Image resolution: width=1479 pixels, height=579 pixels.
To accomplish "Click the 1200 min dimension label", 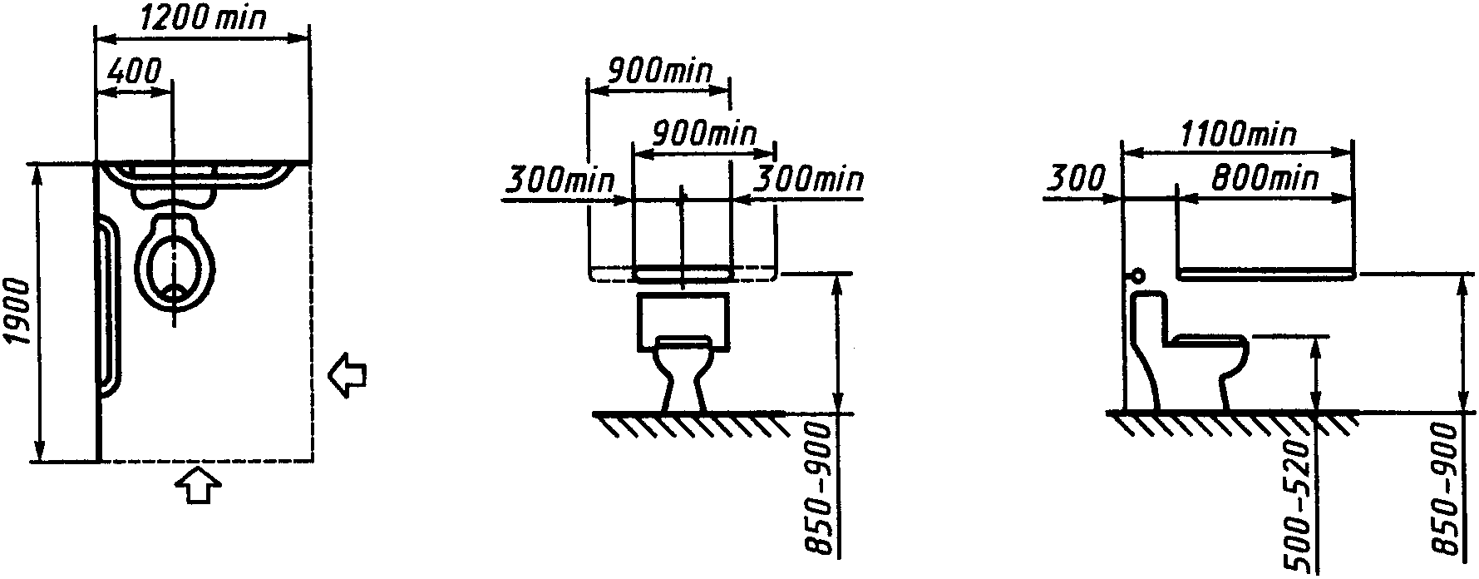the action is coord(203,18).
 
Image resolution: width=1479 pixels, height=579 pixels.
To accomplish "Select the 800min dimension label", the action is coord(1264,177).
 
